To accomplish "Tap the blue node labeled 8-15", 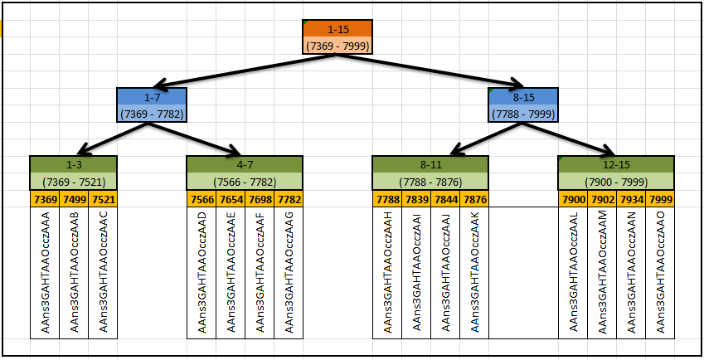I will coord(522,97).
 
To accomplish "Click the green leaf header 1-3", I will coord(73,164).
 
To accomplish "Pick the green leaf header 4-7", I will coord(245,164).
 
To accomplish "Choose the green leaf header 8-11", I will coord(430,164).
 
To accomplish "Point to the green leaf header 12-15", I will coord(615,164).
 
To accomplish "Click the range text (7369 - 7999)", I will coord(337,46).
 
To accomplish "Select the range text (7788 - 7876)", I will coord(430,182).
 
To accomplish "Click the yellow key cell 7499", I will coord(74,199).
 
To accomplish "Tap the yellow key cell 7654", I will coord(231,199).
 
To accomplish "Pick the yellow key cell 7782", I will coord(289,199).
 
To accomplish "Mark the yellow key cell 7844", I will coord(445,199).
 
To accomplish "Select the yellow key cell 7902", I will coord(602,199).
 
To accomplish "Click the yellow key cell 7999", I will coord(660,199).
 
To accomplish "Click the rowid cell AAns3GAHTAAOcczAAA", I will coord(45,272).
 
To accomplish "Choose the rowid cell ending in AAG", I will coord(289,272).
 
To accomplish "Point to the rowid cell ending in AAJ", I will coord(445,272).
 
